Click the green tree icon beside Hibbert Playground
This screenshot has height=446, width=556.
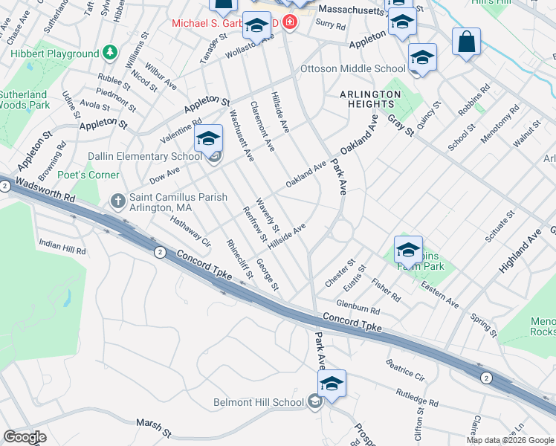click(110, 53)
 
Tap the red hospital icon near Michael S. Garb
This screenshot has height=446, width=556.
click(288, 24)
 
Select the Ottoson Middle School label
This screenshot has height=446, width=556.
click(352, 69)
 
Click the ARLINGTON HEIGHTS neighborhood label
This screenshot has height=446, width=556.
click(369, 100)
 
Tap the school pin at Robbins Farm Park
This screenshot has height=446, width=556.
click(408, 251)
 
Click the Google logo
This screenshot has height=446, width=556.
click(25, 437)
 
